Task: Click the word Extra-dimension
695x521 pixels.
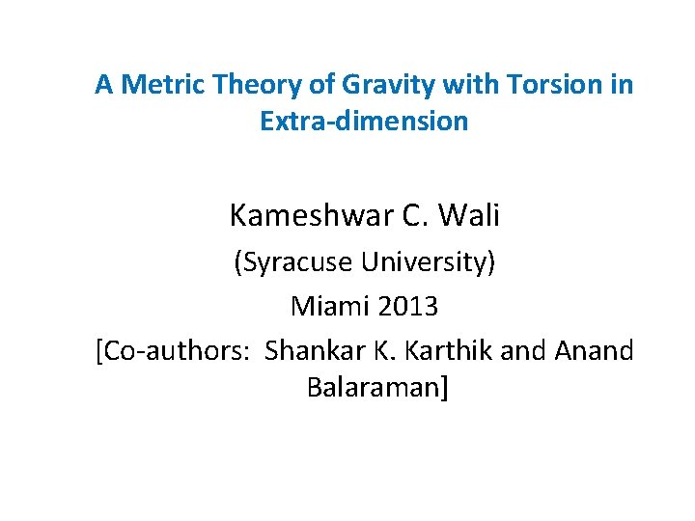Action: [x=364, y=122]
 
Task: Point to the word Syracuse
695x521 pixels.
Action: [x=295, y=262]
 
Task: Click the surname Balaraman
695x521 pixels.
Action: [x=375, y=388]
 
